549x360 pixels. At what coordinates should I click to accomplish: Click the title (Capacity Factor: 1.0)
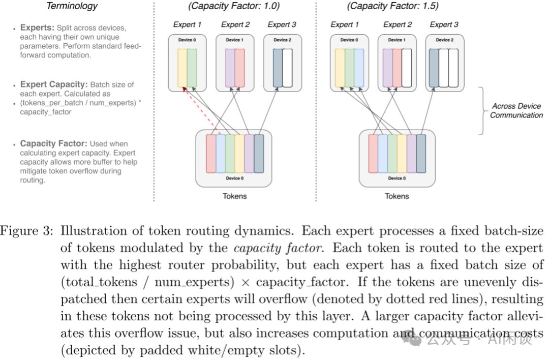point(235,6)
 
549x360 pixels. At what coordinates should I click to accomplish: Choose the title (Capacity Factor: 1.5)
point(392,6)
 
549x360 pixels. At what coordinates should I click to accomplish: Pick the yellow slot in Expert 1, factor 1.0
point(182,68)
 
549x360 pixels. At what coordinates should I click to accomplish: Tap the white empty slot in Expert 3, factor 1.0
point(287,68)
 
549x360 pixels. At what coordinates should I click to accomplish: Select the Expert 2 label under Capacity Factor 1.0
point(235,24)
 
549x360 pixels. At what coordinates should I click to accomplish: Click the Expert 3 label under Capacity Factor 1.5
point(444,24)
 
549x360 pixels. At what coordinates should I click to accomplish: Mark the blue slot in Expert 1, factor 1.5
point(359,68)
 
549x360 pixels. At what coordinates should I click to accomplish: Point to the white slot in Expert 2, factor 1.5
point(407,68)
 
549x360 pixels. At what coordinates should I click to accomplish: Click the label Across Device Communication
point(516,111)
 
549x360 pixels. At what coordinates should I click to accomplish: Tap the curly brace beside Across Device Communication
point(481,111)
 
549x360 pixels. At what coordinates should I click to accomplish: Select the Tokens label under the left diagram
point(234,196)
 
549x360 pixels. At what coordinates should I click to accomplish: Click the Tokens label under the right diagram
point(396,196)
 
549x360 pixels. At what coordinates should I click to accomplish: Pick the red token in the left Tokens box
point(210,154)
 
